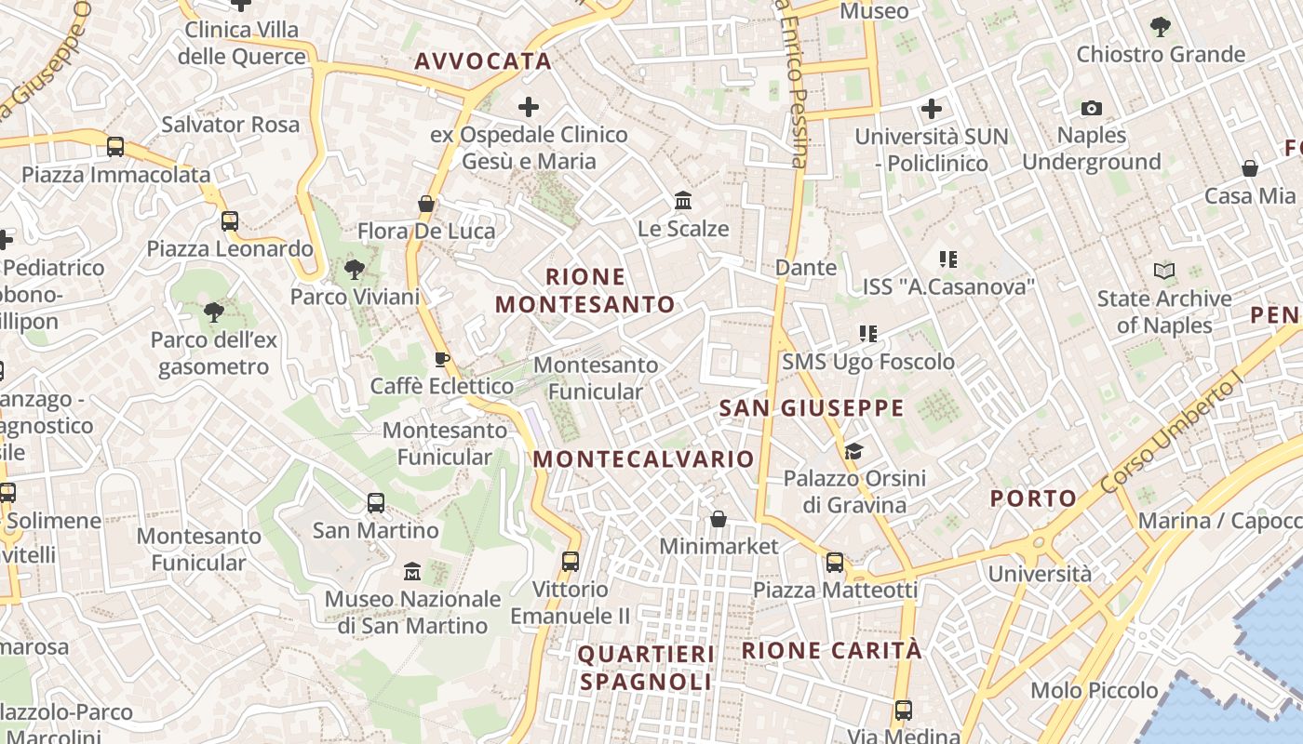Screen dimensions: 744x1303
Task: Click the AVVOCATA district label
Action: point(483,62)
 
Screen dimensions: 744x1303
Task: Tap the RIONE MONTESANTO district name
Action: point(585,291)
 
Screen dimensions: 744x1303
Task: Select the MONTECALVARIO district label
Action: point(643,459)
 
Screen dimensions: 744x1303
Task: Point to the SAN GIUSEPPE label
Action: point(812,408)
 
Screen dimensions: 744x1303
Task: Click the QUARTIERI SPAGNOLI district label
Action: point(646,669)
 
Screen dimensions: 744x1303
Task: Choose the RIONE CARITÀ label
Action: point(831,651)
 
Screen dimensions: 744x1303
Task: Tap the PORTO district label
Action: point(1033,498)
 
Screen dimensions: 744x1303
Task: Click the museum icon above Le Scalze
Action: point(683,201)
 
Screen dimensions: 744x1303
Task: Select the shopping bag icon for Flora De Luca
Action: point(426,204)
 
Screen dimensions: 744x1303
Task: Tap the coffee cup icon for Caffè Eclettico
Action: point(442,359)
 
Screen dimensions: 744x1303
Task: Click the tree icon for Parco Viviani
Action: point(354,270)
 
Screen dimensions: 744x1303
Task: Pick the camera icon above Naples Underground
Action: point(1092,109)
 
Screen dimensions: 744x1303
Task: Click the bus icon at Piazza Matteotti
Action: point(835,563)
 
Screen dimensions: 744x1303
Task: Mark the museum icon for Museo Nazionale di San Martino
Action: point(412,571)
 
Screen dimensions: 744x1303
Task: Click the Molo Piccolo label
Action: point(1095,691)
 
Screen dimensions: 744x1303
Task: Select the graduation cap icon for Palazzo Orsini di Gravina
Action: point(853,452)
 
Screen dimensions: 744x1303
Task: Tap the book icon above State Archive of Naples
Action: point(1163,272)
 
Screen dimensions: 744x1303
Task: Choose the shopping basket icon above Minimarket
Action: point(719,519)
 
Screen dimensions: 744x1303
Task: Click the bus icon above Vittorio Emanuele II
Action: point(571,562)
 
